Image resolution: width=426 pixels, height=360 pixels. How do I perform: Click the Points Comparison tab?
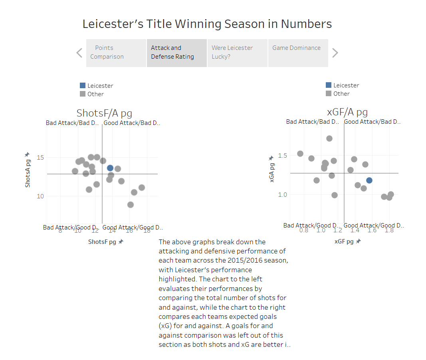pyautogui.click(x=116, y=52)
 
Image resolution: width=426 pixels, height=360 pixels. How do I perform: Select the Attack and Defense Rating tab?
pyautogui.click(x=176, y=52)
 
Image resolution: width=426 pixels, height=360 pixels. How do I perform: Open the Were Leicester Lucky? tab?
pyautogui.click(x=237, y=52)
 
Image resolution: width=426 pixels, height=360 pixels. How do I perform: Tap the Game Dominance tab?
pyautogui.click(x=298, y=52)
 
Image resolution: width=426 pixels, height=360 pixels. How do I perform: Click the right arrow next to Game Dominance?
pyautogui.click(x=335, y=53)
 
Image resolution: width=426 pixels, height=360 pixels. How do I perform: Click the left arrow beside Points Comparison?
pyautogui.click(x=79, y=53)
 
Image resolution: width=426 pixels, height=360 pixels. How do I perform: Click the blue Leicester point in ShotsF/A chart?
pyautogui.click(x=110, y=168)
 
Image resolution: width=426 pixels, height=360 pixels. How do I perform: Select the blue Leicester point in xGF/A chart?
pyautogui.click(x=369, y=180)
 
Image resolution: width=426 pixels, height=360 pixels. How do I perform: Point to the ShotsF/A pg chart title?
pyautogui.click(x=104, y=113)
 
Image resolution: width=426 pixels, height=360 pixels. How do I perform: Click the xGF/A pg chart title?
pyautogui.click(x=347, y=112)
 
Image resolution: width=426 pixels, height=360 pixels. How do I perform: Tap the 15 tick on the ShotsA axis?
pyautogui.click(x=40, y=157)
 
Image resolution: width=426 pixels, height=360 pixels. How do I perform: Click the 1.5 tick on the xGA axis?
pyautogui.click(x=282, y=155)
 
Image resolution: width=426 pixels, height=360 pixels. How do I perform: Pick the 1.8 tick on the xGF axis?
pyautogui.click(x=389, y=230)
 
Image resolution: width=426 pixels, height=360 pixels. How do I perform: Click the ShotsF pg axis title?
pyautogui.click(x=102, y=242)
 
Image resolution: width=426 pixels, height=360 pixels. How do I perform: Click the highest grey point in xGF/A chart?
pyautogui.click(x=329, y=138)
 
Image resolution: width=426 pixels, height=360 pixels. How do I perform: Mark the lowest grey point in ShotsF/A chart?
pyautogui.click(x=131, y=205)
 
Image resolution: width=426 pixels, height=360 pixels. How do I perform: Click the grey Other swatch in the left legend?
pyautogui.click(x=83, y=94)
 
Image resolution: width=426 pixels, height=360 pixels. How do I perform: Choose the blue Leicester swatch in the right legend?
pyautogui.click(x=329, y=85)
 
